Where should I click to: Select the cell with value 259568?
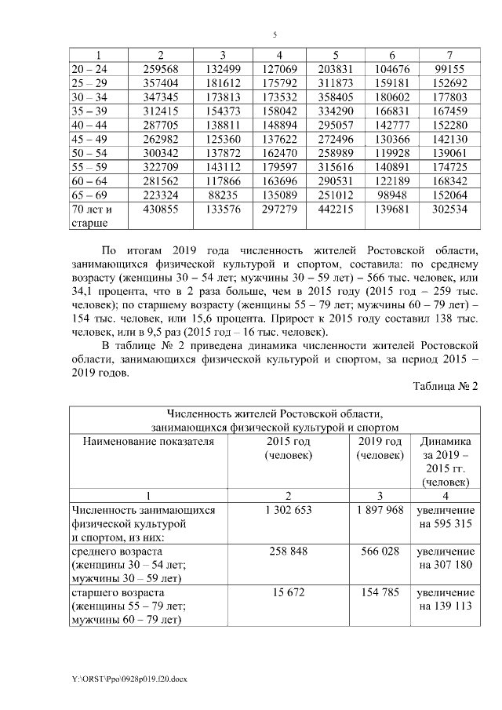[x=161, y=69]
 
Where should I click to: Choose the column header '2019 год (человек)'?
[x=379, y=448]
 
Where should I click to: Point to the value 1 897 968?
[x=379, y=510]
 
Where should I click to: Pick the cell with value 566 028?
[x=379, y=552]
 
